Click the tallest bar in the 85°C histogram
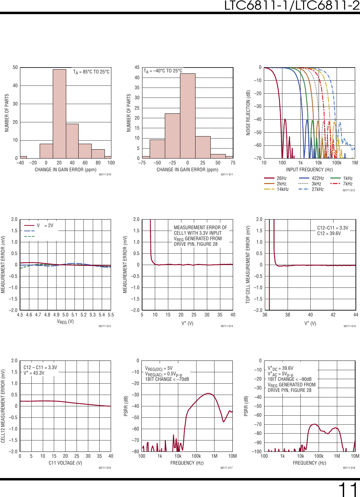59,114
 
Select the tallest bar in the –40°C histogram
188,116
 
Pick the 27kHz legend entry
317,189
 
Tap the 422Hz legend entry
318,178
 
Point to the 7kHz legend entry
348,184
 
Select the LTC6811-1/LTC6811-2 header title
292,6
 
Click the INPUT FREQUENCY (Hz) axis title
309,170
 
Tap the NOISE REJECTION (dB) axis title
248,113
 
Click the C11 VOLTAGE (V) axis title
65,463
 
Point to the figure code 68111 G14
227,326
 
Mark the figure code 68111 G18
349,468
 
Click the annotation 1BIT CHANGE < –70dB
167,379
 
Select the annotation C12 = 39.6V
329,233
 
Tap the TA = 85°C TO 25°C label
91,72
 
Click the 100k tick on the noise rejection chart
337,163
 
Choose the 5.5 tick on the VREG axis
111,315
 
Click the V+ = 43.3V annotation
34,373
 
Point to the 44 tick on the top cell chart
356,315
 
